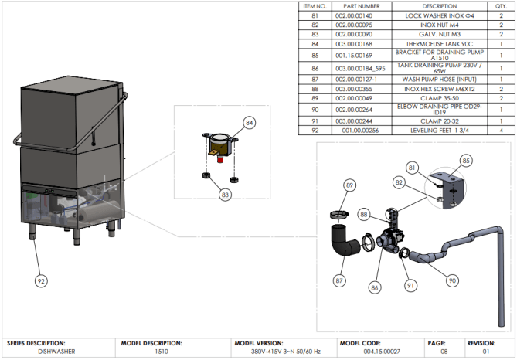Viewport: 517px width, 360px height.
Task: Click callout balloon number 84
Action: [250, 123]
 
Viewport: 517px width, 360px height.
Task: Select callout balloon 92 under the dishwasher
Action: [41, 281]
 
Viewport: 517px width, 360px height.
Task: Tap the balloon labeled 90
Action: [452, 280]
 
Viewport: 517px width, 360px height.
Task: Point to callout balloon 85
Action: [465, 161]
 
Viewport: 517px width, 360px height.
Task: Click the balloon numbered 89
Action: [349, 185]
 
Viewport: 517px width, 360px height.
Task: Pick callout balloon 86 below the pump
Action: [375, 288]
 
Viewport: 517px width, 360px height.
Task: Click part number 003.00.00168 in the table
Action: [354, 44]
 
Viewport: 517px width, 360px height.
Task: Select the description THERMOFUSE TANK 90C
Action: [439, 44]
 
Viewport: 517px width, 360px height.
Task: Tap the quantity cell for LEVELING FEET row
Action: [501, 131]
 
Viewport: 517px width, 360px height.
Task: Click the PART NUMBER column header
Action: [362, 6]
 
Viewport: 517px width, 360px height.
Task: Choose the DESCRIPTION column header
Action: [440, 6]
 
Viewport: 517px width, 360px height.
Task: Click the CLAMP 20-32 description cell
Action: [440, 121]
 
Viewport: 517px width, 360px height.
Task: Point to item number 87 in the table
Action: [315, 80]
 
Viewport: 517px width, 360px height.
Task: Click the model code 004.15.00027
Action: [382, 352]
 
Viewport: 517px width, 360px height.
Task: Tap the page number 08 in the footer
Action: [444, 352]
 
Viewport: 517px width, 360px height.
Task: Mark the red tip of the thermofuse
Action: [219, 160]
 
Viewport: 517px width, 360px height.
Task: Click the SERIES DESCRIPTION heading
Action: [36, 343]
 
